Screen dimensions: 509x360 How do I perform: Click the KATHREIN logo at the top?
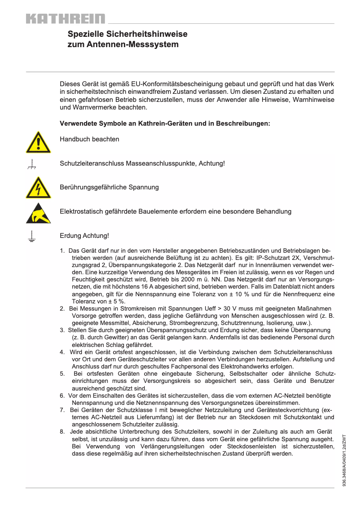(x=66, y=19)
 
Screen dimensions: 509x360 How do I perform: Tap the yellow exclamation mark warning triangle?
(x=38, y=143)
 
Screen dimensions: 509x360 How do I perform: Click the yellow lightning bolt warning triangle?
(x=38, y=189)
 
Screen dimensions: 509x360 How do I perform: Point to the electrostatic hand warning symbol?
(x=38, y=213)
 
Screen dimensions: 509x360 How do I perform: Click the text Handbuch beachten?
(x=89, y=139)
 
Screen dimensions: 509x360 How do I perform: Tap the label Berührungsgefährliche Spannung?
(x=109, y=187)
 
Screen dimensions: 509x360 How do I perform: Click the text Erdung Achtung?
(x=84, y=236)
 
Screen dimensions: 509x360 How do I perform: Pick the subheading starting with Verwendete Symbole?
(x=165, y=123)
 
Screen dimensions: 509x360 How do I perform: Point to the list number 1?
(x=62, y=250)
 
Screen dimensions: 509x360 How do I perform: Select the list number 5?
(x=62, y=373)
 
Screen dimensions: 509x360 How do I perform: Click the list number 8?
(x=62, y=432)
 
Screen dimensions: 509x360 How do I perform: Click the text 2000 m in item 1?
(x=202, y=272)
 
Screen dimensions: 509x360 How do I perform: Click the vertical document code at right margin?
(x=344, y=461)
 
